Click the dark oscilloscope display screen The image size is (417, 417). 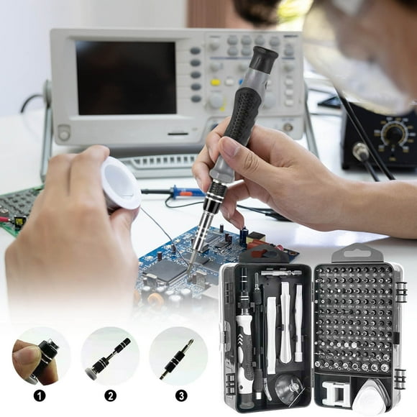[x=126, y=77]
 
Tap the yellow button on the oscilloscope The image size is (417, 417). [x=215, y=82]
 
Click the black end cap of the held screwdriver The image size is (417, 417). [x=264, y=58]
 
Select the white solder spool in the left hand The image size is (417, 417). [x=120, y=183]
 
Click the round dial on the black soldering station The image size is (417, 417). [x=393, y=134]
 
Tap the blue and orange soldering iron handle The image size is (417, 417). [x=188, y=193]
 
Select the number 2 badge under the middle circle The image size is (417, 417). [x=110, y=395]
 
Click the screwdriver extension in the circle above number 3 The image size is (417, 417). [x=177, y=359]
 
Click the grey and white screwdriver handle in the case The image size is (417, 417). [x=244, y=345]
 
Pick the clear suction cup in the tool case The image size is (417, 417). [x=288, y=389]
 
